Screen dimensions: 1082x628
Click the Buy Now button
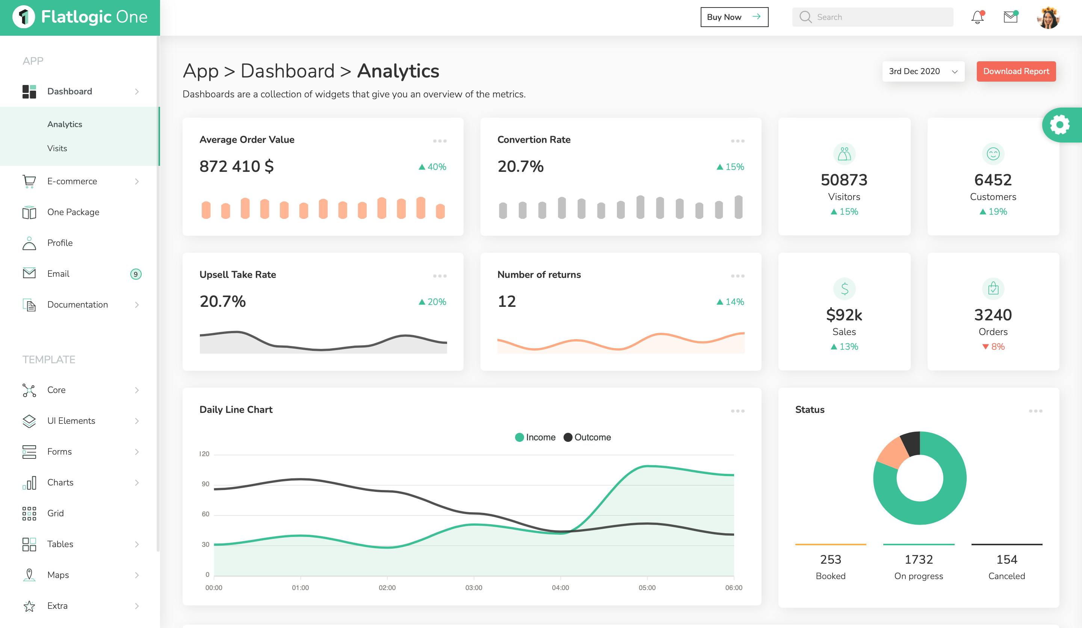(734, 17)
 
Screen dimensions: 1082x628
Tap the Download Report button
(1016, 71)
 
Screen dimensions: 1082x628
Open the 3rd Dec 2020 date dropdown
(923, 71)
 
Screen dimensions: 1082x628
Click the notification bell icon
(978, 17)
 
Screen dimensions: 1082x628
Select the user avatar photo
(1048, 18)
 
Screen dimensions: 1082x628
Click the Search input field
(872, 17)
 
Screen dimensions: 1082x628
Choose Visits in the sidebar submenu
(57, 148)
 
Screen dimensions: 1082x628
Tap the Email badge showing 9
(136, 274)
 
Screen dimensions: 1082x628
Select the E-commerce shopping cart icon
(29, 181)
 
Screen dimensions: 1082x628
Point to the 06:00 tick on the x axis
(733, 588)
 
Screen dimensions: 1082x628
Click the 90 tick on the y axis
(206, 484)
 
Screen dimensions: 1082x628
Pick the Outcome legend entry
(587, 437)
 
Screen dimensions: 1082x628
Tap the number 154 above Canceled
(1006, 559)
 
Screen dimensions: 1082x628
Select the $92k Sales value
(844, 315)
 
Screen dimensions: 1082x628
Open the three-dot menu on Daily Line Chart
(737, 411)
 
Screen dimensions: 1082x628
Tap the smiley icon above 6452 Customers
(993, 153)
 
